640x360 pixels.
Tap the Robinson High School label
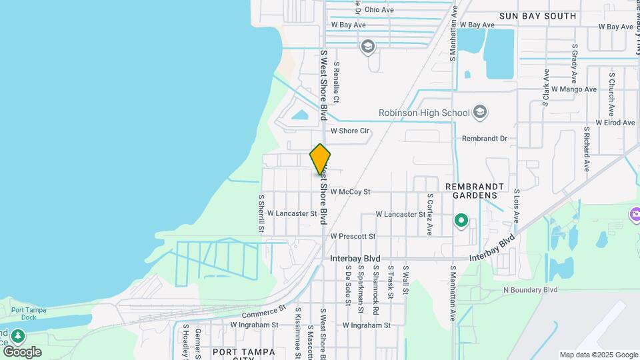pos(424,113)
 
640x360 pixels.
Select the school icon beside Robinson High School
pos(480,113)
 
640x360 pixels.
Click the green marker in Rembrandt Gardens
pos(461,220)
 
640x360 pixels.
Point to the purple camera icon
pos(635,214)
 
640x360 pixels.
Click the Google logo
pos(22,352)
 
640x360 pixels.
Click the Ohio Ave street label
pos(379,10)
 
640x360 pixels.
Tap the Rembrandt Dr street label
pos(485,139)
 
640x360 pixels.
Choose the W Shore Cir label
pos(350,131)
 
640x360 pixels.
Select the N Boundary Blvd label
pos(530,290)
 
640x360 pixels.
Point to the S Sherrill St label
pos(262,213)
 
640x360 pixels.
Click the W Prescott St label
pos(353,236)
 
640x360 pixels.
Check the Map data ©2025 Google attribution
pos(598,355)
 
